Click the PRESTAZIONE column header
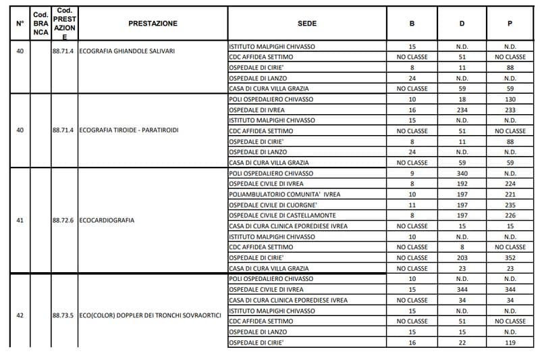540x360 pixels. (153, 24)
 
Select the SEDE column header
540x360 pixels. (306, 24)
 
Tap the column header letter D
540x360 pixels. (462, 24)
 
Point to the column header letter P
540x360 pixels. (510, 24)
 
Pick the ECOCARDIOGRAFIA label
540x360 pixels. (107, 220)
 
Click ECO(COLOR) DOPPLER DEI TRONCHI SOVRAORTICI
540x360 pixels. (150, 315)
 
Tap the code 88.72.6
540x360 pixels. (63, 220)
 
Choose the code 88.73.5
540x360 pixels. (63, 315)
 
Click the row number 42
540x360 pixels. (20, 315)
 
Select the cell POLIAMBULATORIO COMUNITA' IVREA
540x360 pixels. (285, 194)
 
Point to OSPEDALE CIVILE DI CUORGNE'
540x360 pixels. (273, 205)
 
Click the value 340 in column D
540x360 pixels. (462, 173)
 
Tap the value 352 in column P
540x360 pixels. (510, 257)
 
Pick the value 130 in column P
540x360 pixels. (510, 99)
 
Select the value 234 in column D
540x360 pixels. (462, 110)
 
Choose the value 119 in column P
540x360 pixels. (510, 342)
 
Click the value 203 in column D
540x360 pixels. (462, 257)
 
